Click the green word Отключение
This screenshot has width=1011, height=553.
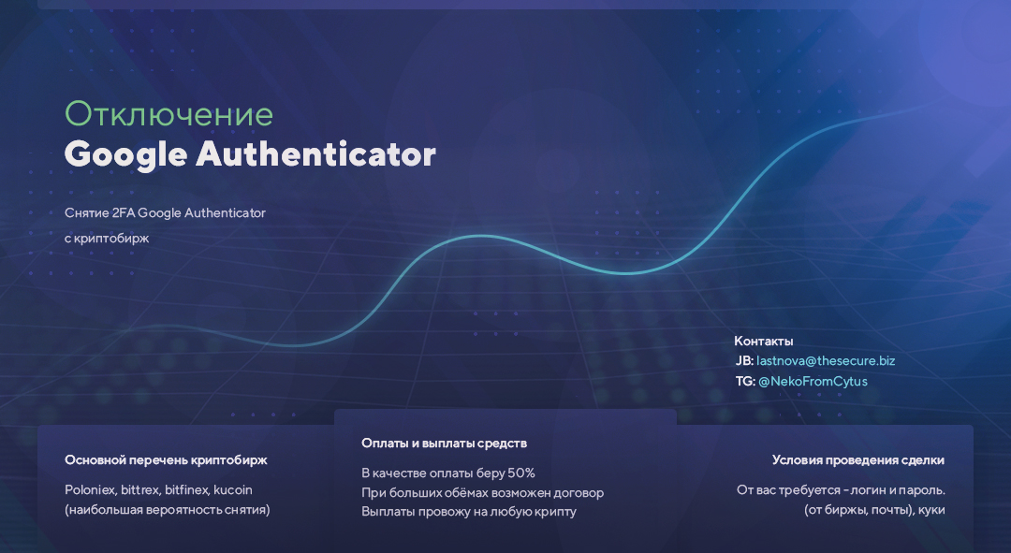(168, 114)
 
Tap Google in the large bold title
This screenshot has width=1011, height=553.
(125, 154)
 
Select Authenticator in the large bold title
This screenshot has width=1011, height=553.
(316, 154)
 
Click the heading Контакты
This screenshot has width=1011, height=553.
(764, 341)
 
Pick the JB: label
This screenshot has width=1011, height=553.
(744, 361)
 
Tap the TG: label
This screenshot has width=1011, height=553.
(745, 382)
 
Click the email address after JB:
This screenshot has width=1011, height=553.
(826, 361)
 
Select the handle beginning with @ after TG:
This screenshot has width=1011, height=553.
(813, 382)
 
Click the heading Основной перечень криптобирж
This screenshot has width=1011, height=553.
(166, 460)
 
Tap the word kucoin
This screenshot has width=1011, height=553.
(233, 489)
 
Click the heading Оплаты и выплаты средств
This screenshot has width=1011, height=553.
(445, 444)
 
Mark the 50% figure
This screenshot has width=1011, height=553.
(521, 473)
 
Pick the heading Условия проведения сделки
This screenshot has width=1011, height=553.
(858, 460)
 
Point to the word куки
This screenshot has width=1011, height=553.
(932, 510)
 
